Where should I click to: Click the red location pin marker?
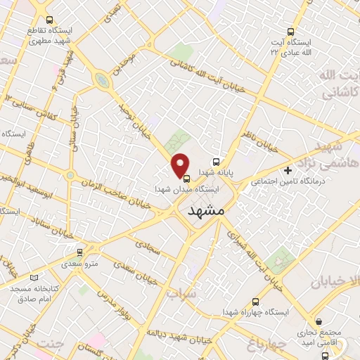[x=181, y=165]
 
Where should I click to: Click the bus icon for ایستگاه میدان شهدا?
[x=186, y=178]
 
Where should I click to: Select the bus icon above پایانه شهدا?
[x=217, y=160]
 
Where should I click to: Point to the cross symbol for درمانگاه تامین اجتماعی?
[x=288, y=170]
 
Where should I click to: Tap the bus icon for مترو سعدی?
[x=79, y=252]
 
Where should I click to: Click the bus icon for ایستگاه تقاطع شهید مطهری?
[x=48, y=20]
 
